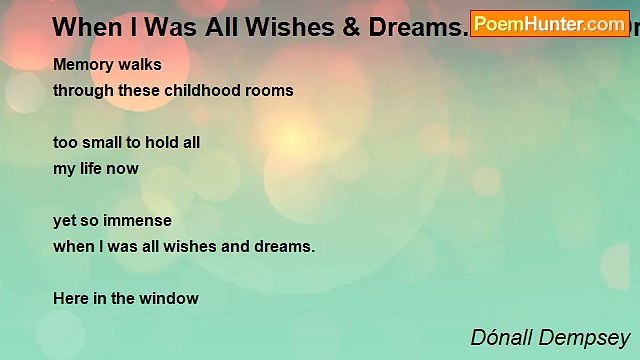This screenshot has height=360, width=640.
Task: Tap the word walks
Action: point(141,65)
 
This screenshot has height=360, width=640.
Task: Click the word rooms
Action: point(272,90)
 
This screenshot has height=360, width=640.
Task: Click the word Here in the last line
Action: point(71,298)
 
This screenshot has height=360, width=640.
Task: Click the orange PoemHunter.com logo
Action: point(550,23)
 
